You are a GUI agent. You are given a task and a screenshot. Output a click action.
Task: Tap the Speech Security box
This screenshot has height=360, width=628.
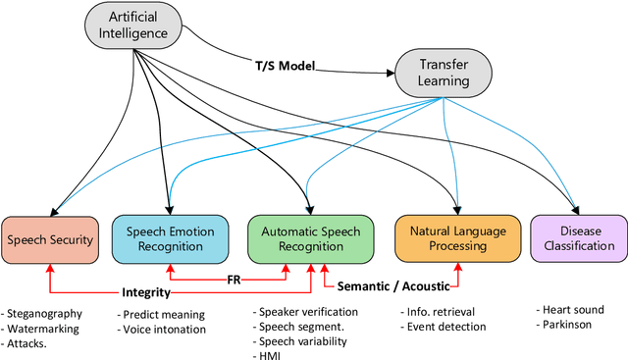51,239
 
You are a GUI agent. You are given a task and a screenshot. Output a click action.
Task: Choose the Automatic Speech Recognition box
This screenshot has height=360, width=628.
310,239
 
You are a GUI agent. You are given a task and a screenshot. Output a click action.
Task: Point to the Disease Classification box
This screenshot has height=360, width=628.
578,239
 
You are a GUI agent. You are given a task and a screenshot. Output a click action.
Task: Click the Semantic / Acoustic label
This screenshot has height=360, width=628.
392,286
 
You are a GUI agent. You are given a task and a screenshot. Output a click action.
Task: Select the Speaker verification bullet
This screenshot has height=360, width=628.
308,311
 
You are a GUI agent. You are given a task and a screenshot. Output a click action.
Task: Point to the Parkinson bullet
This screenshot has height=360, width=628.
567,324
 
